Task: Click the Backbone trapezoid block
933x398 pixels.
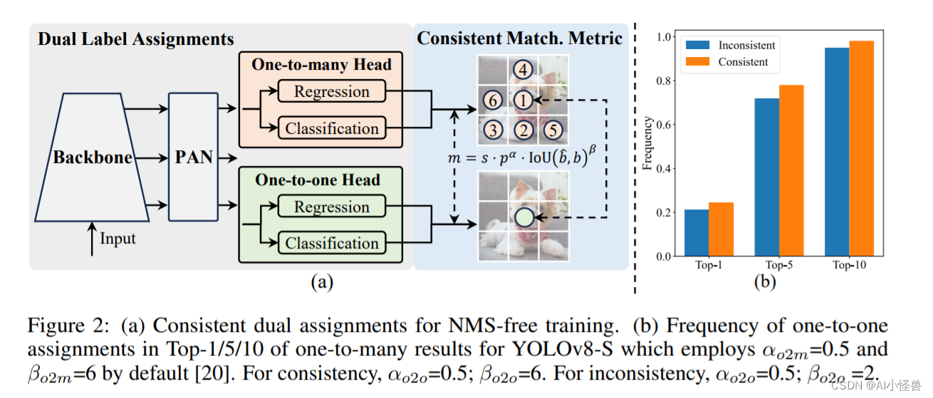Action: click(x=93, y=157)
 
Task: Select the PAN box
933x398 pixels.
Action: click(x=194, y=156)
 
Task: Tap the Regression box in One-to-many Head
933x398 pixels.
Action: click(x=331, y=92)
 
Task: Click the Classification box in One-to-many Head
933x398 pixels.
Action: click(x=331, y=128)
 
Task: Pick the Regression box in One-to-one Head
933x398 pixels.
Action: click(x=331, y=207)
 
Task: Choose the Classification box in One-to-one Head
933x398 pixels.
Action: click(x=331, y=243)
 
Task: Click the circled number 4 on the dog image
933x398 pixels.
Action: click(x=523, y=70)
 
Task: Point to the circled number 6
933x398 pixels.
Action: click(x=492, y=100)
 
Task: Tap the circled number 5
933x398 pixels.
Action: click(x=553, y=130)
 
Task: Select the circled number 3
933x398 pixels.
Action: click(x=492, y=130)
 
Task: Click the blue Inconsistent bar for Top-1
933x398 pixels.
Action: click(x=697, y=232)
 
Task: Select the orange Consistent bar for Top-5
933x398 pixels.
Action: click(x=791, y=170)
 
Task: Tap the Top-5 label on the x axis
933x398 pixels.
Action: click(x=778, y=265)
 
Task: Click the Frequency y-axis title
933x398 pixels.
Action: click(x=647, y=147)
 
